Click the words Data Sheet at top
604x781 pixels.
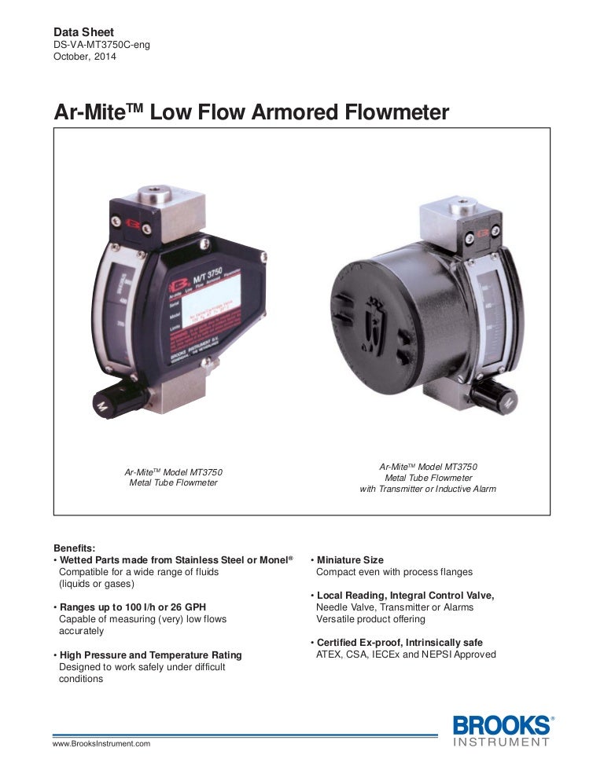82,32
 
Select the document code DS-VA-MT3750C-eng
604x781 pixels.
101,45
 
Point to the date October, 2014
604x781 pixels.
84,57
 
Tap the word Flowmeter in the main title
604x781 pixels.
397,112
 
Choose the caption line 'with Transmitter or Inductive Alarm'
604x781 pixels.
428,489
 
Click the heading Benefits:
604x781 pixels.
74,548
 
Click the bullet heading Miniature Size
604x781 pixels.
350,560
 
